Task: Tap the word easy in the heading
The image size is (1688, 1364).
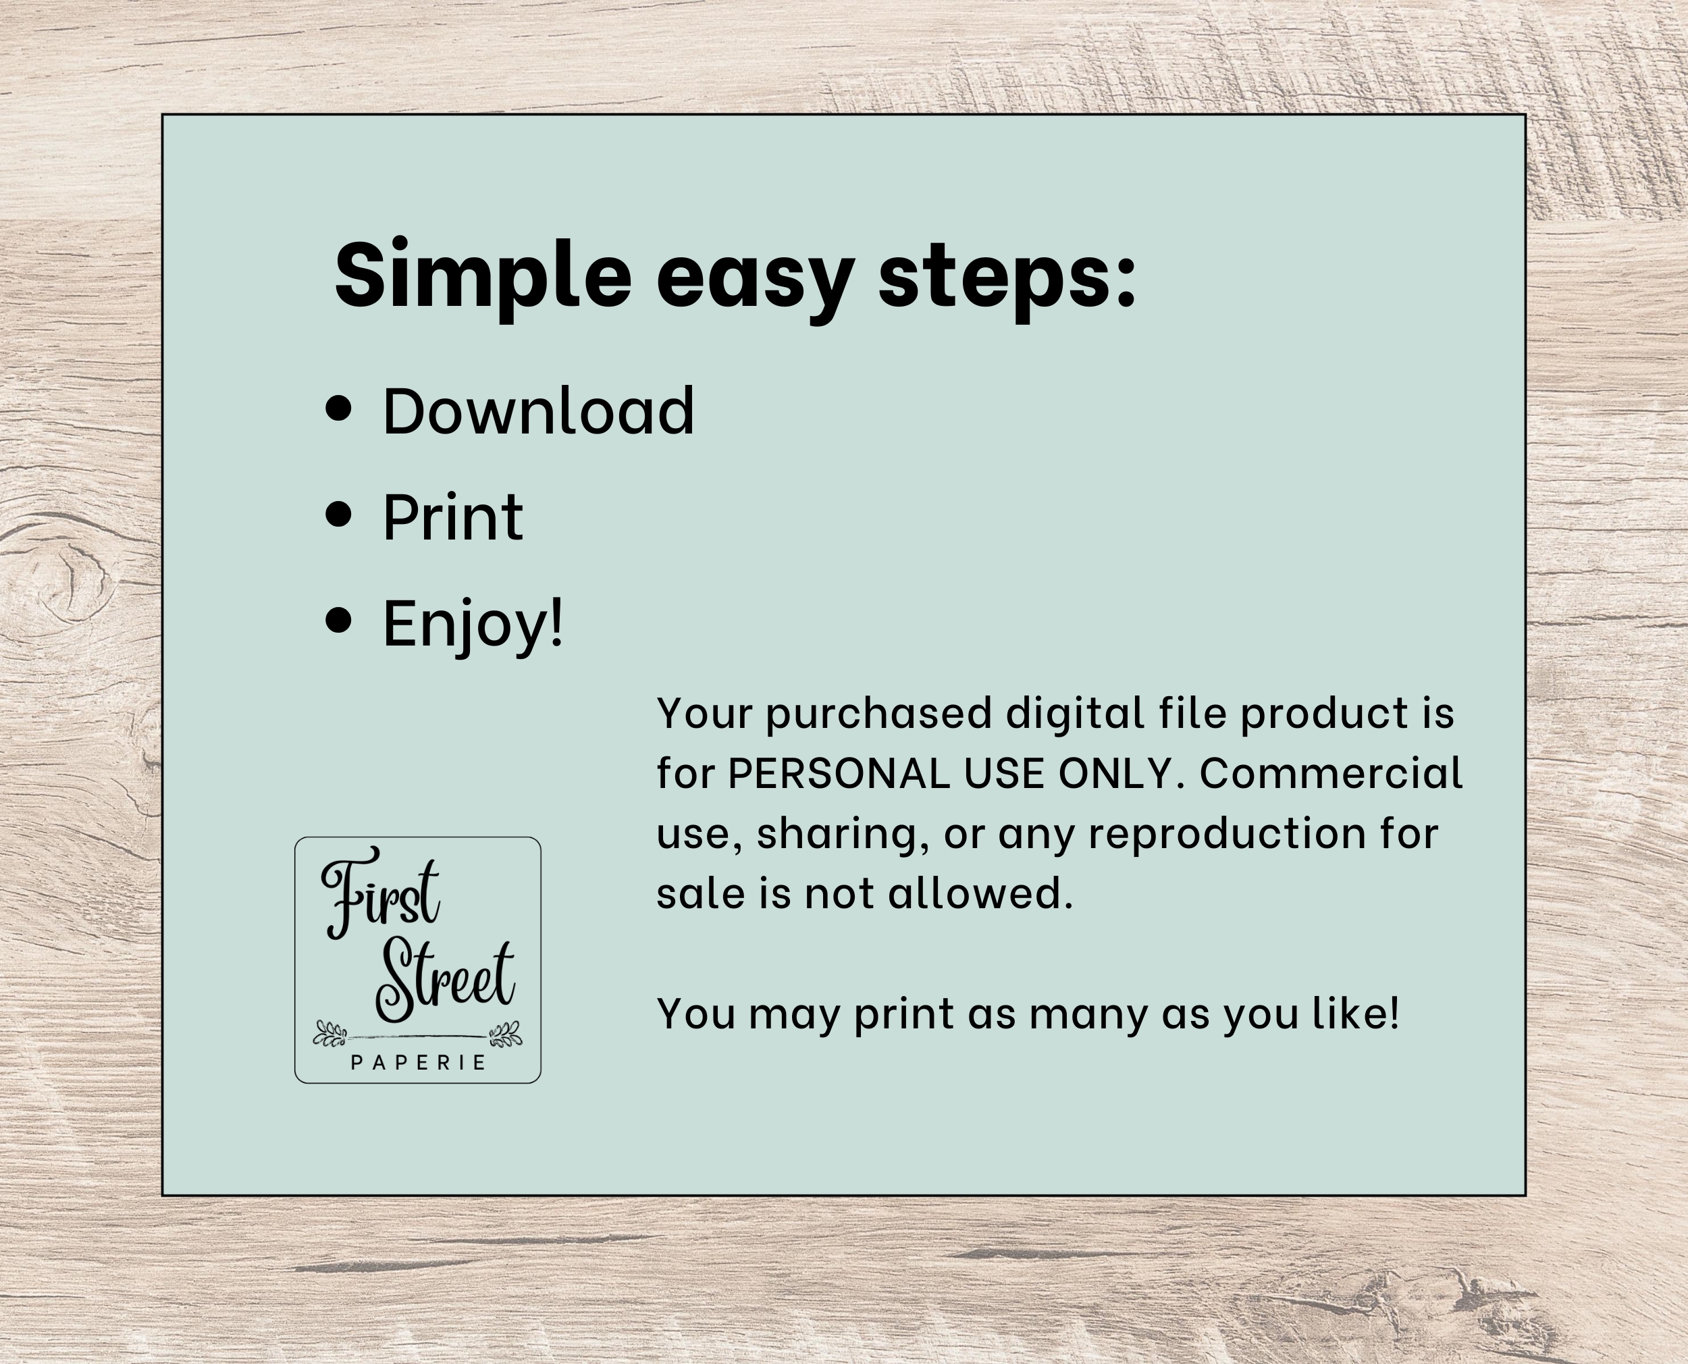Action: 755,283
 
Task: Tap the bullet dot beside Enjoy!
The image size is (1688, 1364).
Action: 338,619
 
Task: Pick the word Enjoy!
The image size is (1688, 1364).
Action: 473,624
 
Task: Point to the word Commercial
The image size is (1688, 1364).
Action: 1331,773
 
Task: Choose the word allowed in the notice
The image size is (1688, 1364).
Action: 980,894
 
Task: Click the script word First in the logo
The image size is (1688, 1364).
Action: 380,893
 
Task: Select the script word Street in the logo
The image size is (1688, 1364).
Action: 444,982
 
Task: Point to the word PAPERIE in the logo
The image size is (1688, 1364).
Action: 419,1063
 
